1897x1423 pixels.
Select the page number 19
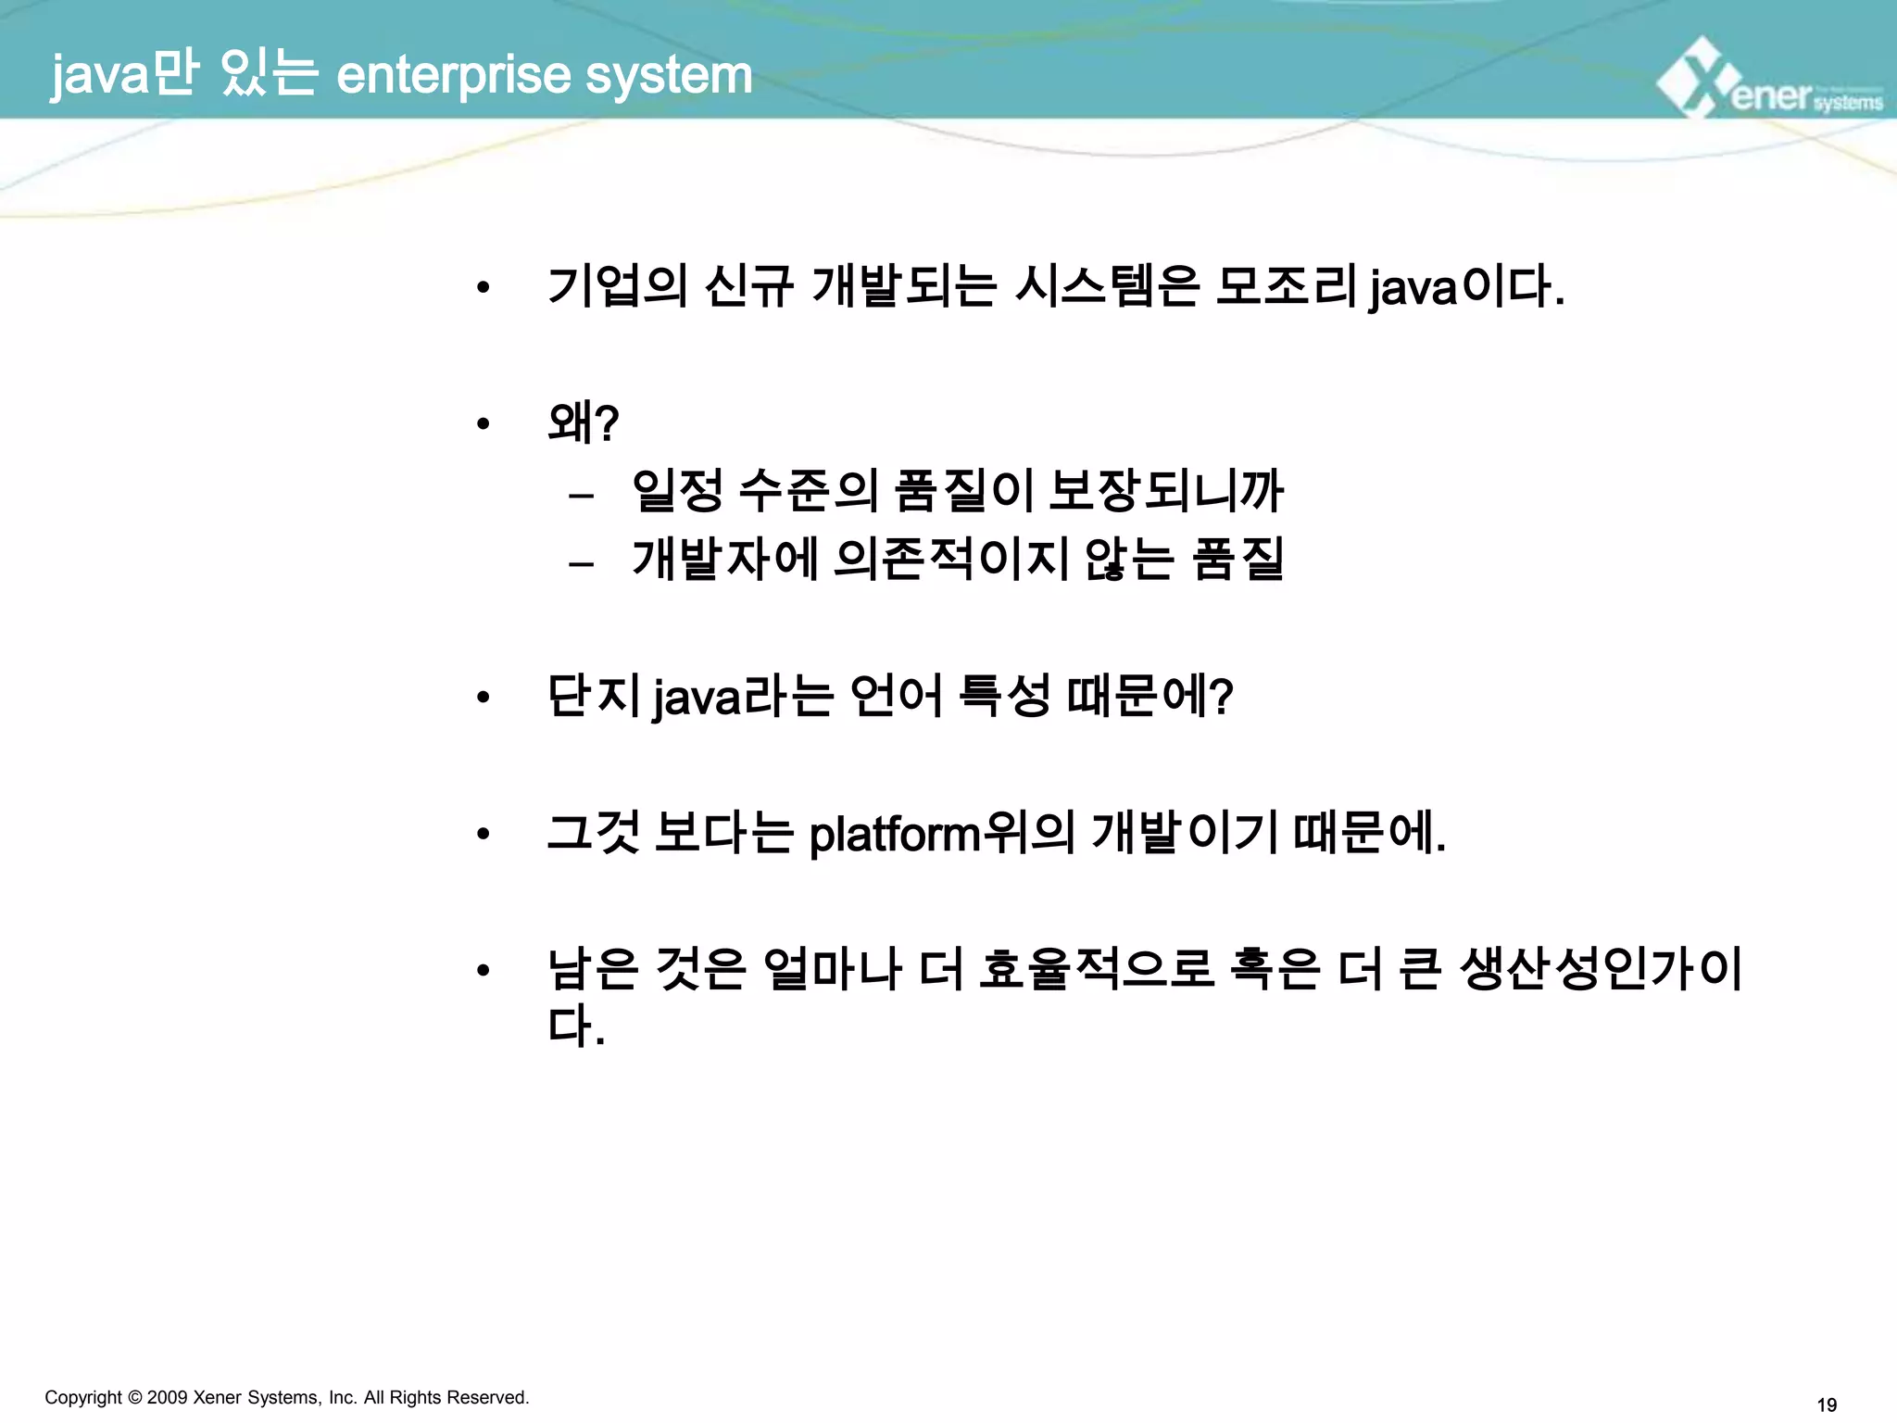[x=1827, y=1405]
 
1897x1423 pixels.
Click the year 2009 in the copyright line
[x=168, y=1397]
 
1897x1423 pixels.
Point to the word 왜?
[x=583, y=423]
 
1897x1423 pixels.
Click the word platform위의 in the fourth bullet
[x=941, y=833]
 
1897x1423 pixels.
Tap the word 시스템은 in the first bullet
[x=1107, y=286]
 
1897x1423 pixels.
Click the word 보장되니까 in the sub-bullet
[x=1166, y=491]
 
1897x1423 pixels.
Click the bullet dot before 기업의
[x=483, y=288]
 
